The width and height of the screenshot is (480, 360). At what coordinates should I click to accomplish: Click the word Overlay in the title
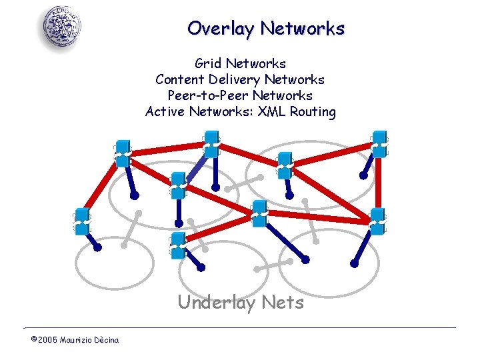pyautogui.click(x=221, y=29)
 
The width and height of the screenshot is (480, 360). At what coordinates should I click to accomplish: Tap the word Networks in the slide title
pyautogui.click(x=303, y=29)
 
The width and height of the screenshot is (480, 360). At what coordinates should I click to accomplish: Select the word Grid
pyautogui.click(x=209, y=64)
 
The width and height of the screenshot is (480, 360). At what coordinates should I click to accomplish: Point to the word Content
pyautogui.click(x=179, y=80)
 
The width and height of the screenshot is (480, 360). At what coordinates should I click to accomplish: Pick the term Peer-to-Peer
pyautogui.click(x=206, y=96)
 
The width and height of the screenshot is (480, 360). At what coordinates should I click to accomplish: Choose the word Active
pyautogui.click(x=165, y=112)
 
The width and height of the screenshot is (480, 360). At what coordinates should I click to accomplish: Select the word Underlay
pyautogui.click(x=217, y=303)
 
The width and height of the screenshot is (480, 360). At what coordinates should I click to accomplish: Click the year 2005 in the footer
pyautogui.click(x=47, y=341)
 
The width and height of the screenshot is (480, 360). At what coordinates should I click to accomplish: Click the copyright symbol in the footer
pyautogui.click(x=33, y=340)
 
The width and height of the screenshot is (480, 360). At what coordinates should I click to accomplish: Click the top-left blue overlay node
pyautogui.click(x=122, y=151)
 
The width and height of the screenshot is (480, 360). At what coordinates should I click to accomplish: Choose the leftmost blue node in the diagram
pyautogui.click(x=82, y=221)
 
